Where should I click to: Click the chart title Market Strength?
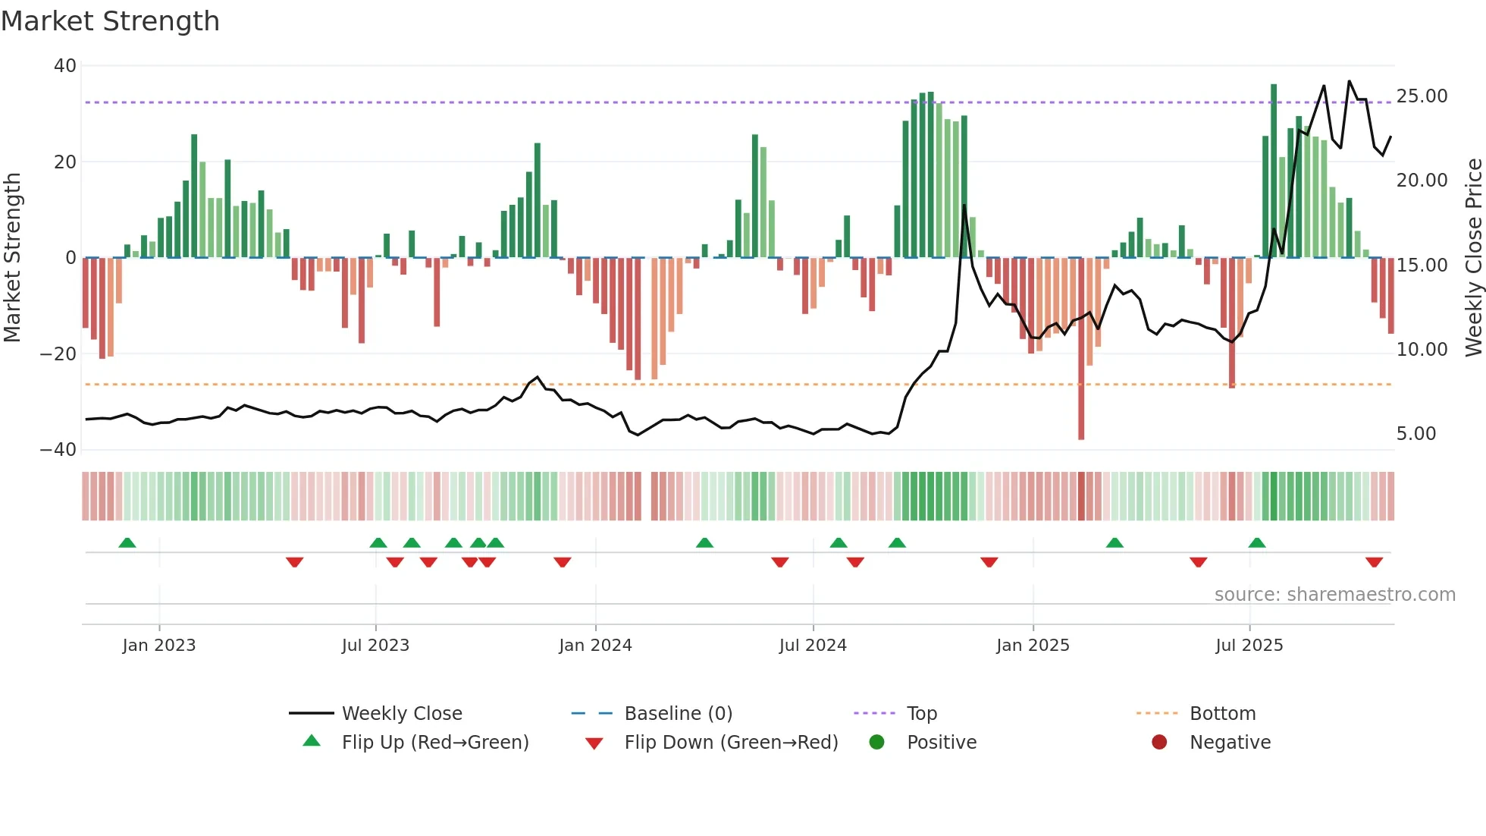tap(110, 21)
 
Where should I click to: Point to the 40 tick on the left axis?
tap(65, 66)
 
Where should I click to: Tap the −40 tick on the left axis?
tap(59, 450)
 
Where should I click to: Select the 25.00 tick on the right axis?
tap(1422, 96)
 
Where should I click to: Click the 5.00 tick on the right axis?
tap(1416, 434)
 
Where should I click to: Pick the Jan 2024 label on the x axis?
tap(595, 646)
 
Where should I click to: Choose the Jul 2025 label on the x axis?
tap(1249, 646)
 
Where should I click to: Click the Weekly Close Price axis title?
tap(1473, 258)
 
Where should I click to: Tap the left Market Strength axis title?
tap(12, 258)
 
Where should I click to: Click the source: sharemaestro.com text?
tap(1334, 595)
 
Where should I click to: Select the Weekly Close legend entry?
tap(401, 714)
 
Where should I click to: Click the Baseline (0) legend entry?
tap(678, 714)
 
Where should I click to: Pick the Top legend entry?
tap(921, 714)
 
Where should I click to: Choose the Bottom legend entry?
tap(1222, 714)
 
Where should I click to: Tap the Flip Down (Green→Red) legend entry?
tap(731, 743)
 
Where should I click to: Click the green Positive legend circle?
tap(877, 743)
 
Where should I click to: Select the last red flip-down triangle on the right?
tap(1374, 562)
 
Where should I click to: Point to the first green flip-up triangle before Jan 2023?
tap(127, 542)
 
